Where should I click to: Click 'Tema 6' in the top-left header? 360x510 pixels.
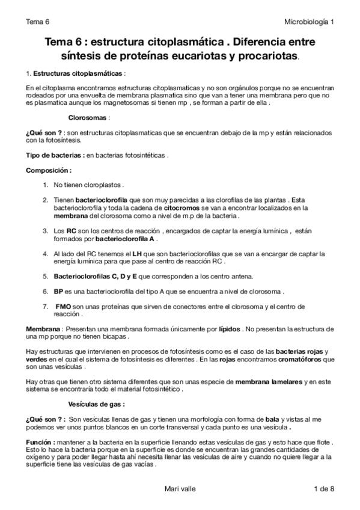(x=37, y=22)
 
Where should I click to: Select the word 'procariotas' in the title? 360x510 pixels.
(x=268, y=56)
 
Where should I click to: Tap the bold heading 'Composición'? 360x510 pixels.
(x=52, y=170)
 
